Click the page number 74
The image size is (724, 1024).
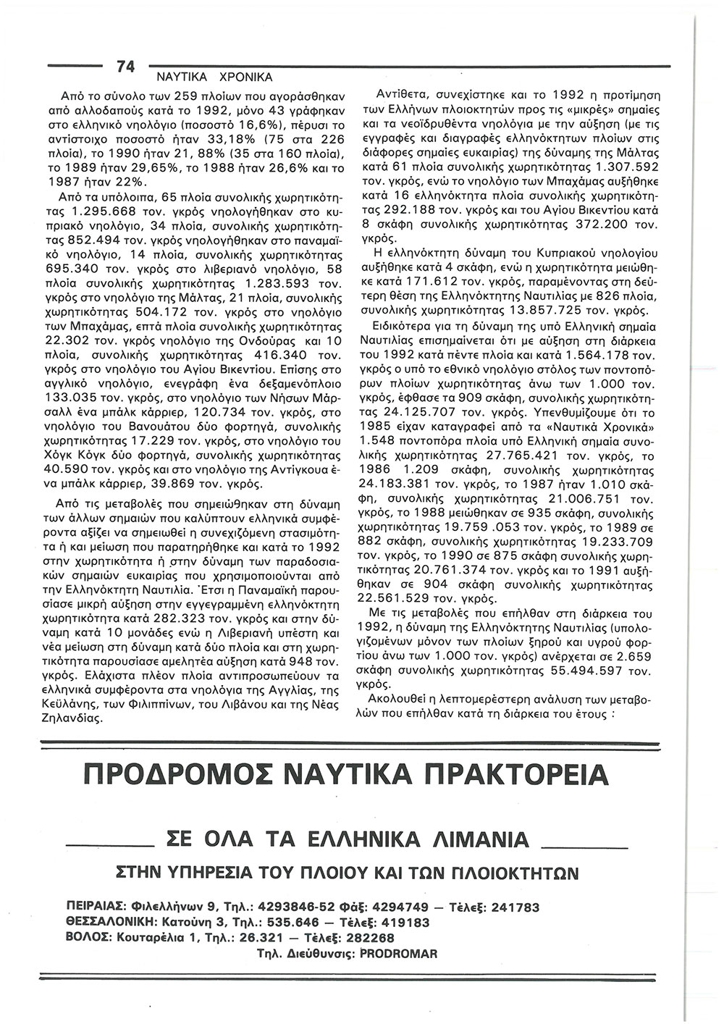(x=125, y=67)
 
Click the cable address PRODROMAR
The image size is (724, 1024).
(x=398, y=954)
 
